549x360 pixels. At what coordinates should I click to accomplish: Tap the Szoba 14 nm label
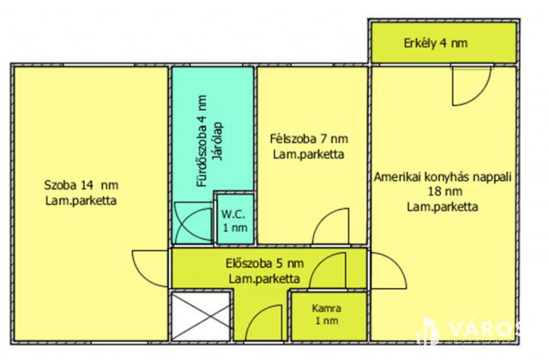pyautogui.click(x=81, y=183)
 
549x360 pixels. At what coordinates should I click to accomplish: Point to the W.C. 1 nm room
pyautogui.click(x=232, y=220)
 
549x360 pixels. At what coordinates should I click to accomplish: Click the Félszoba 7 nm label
pyautogui.click(x=309, y=139)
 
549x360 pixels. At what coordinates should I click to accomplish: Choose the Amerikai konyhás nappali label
pyautogui.click(x=443, y=177)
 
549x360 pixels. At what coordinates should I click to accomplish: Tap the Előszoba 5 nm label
pyautogui.click(x=263, y=263)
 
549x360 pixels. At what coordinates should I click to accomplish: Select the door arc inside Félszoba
pyautogui.click(x=329, y=227)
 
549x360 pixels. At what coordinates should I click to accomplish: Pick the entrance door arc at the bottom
pyautogui.click(x=262, y=322)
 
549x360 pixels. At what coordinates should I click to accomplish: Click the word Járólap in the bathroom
pyautogui.click(x=218, y=142)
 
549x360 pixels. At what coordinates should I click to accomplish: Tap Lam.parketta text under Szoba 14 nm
pyautogui.click(x=81, y=201)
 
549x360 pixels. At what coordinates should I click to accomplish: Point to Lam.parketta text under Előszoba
pyautogui.click(x=263, y=279)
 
